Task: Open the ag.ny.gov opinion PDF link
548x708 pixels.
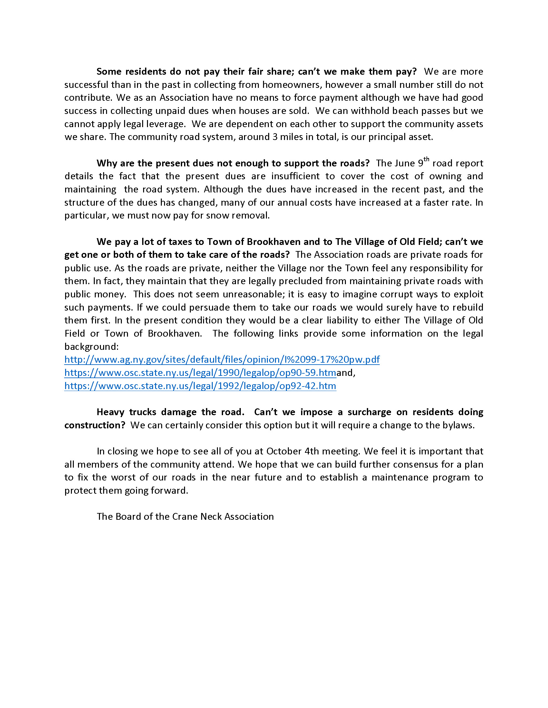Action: [222, 359]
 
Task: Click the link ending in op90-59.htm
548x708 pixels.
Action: [200, 373]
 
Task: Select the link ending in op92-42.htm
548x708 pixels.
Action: [200, 386]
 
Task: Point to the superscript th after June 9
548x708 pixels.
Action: [426, 159]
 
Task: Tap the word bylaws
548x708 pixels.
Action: [458, 425]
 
